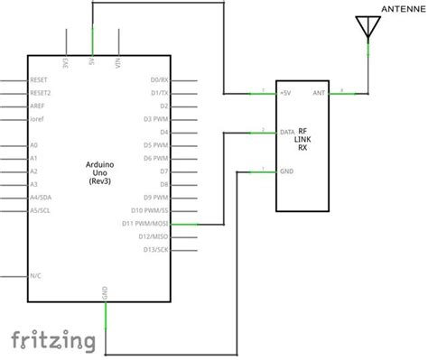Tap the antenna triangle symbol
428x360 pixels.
pyautogui.click(x=368, y=27)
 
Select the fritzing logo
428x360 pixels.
pyautogui.click(x=53, y=338)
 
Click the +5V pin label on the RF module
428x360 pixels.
pyautogui.click(x=286, y=93)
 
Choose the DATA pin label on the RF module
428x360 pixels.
pyautogui.click(x=289, y=132)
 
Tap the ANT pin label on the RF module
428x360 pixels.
pyautogui.click(x=319, y=93)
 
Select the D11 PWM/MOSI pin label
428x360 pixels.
pyautogui.click(x=147, y=223)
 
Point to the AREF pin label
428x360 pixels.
pyautogui.click(x=37, y=106)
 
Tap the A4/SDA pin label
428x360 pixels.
pyautogui.click(x=41, y=197)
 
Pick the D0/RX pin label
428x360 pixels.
pyautogui.click(x=159, y=79)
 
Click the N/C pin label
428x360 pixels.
pyautogui.click(x=35, y=274)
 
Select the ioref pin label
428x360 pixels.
pyautogui.click(x=37, y=118)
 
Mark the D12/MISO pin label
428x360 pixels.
pyautogui.click(x=153, y=235)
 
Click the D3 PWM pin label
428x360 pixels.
pyautogui.click(x=157, y=118)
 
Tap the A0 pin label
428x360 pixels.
pyautogui.click(x=33, y=144)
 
